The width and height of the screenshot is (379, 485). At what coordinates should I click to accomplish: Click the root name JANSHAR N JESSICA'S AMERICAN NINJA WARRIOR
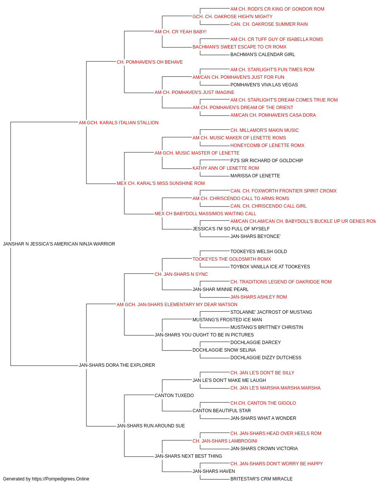click(59, 244)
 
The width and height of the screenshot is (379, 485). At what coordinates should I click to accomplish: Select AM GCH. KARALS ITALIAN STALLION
click(119, 123)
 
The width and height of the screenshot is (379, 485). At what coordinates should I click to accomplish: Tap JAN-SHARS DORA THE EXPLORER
click(117, 365)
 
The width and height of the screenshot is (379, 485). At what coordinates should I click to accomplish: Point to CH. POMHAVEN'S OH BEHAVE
click(150, 62)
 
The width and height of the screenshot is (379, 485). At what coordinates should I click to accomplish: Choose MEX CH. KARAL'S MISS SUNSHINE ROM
click(161, 183)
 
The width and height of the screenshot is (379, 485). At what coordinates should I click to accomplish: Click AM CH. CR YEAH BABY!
click(180, 32)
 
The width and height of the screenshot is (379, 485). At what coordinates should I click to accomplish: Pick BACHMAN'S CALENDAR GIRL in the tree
click(263, 55)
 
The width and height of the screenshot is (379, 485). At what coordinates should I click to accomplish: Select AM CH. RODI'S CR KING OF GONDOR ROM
click(277, 9)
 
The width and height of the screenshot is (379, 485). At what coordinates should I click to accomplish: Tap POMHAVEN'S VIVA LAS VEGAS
click(264, 85)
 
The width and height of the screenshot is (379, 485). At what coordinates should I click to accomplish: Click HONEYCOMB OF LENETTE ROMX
click(268, 145)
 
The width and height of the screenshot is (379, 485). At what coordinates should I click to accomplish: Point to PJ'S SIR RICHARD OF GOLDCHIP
click(267, 161)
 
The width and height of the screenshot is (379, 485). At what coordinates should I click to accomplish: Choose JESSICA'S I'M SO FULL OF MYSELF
click(231, 229)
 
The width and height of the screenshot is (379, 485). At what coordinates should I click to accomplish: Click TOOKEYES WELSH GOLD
click(259, 252)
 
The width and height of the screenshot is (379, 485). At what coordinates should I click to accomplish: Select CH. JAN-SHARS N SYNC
click(181, 274)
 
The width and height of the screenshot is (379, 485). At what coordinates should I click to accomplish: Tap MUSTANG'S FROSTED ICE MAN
click(227, 320)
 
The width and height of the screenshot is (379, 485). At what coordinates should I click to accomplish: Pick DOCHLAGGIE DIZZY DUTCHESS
click(266, 358)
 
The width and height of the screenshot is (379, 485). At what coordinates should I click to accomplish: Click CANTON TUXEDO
click(174, 396)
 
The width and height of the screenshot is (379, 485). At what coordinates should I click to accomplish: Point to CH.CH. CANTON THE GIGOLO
click(263, 403)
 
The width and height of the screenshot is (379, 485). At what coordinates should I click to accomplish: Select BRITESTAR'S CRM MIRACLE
click(262, 479)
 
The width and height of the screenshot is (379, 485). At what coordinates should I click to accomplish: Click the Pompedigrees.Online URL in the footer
click(61, 479)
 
